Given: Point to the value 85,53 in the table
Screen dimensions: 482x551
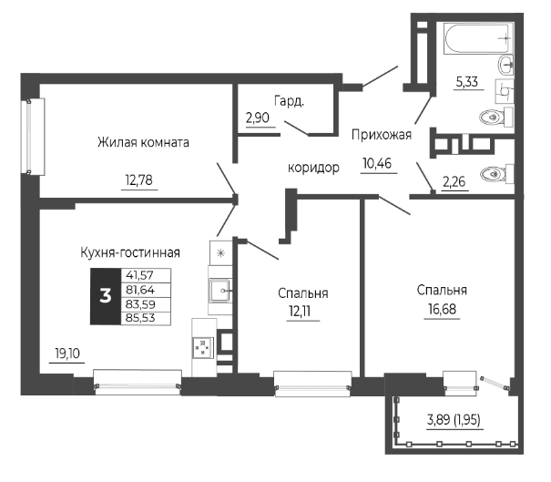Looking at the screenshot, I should click(x=139, y=316).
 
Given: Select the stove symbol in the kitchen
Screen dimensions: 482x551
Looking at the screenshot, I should click(x=201, y=347).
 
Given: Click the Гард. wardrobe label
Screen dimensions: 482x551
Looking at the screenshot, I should click(x=288, y=101).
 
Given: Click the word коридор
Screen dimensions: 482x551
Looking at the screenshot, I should click(x=313, y=168).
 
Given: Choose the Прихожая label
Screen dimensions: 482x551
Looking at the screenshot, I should click(x=382, y=135).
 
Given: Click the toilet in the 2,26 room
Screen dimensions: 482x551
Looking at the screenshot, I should click(x=496, y=173).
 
